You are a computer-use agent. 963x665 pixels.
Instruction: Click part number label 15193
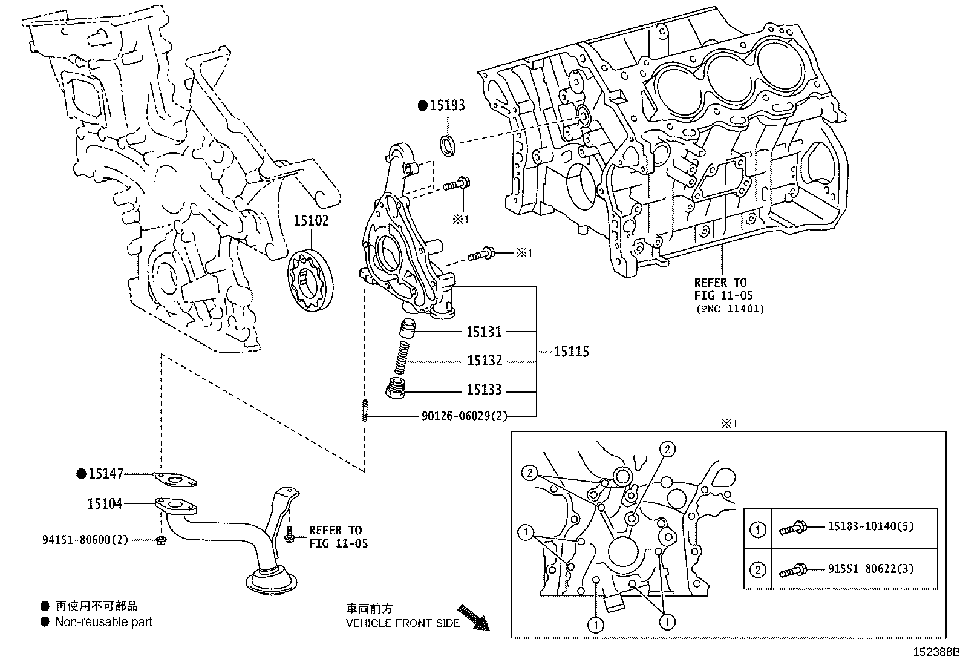pyautogui.click(x=447, y=105)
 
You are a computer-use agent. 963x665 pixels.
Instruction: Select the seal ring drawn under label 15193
pyautogui.click(x=448, y=145)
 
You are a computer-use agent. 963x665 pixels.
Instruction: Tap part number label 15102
pyautogui.click(x=311, y=221)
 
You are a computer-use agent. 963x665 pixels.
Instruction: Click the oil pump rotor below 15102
pyautogui.click(x=310, y=282)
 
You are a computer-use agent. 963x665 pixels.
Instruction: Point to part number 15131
pyautogui.click(x=484, y=332)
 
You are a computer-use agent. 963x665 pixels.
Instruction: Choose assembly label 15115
pyautogui.click(x=571, y=352)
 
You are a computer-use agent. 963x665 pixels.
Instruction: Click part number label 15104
pyautogui.click(x=105, y=503)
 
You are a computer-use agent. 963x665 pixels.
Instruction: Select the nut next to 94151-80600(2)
pyautogui.click(x=161, y=539)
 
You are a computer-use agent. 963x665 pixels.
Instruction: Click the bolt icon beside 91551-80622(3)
pyautogui.click(x=792, y=570)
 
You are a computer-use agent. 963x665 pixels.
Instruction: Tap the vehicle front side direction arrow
pyautogui.click(x=474, y=617)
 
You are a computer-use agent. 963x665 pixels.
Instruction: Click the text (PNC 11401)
pyautogui.click(x=729, y=309)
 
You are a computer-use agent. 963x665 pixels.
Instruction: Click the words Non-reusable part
pyautogui.click(x=103, y=622)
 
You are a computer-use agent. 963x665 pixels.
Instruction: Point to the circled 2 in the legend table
pyautogui.click(x=757, y=570)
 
